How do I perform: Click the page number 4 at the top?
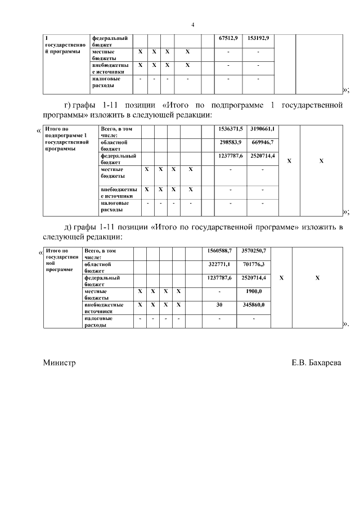coord(193,25)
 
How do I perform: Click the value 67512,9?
coord(228,38)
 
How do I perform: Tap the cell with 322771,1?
coord(220,264)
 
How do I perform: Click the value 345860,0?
coord(253,304)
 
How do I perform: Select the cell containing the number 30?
coord(219,304)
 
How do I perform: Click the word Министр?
coord(59,363)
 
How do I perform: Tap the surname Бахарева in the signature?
coord(325,363)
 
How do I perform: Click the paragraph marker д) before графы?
coord(69,227)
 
